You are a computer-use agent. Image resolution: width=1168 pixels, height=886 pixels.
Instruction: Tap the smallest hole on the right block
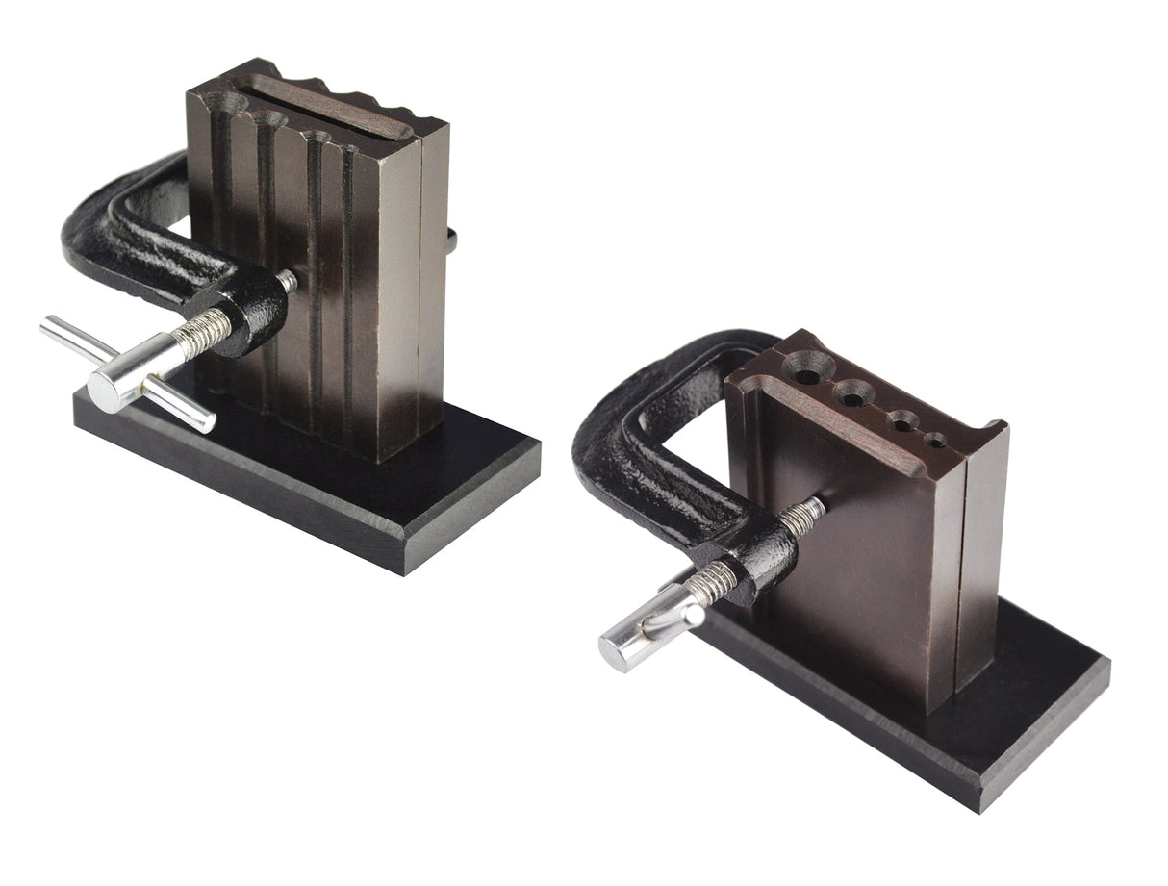pyautogui.click(x=936, y=441)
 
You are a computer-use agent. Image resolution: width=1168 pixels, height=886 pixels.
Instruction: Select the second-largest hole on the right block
pyautogui.click(x=850, y=391)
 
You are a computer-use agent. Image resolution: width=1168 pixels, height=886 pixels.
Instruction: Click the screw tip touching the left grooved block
pyautogui.click(x=287, y=282)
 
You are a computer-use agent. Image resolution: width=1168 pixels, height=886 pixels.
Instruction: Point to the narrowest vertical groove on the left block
pyautogui.click(x=347, y=289)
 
